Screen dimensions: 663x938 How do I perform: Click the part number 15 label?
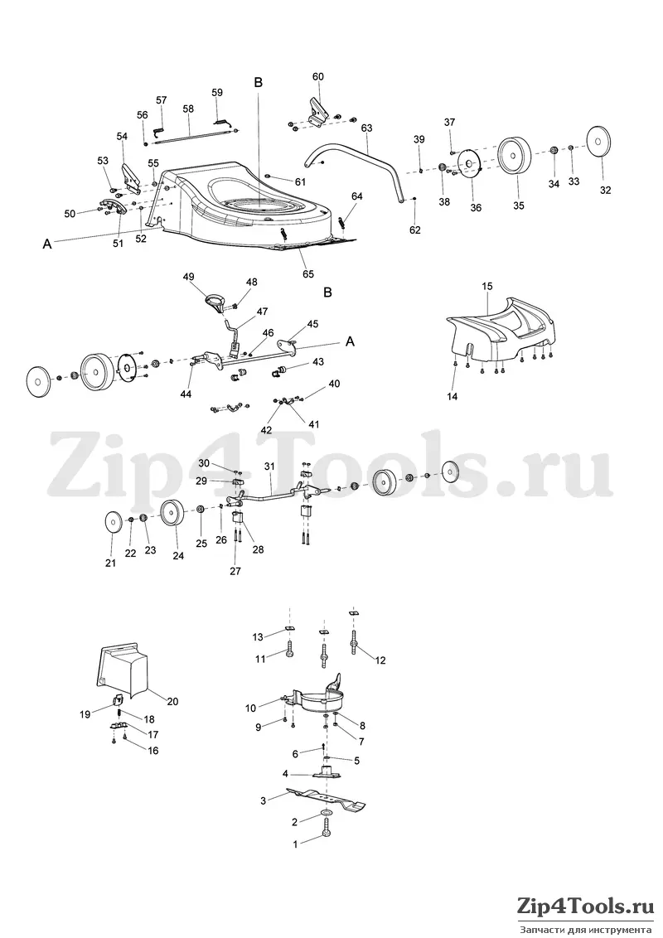(x=487, y=287)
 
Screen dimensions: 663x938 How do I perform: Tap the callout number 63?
(x=367, y=128)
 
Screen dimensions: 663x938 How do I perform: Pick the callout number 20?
(x=172, y=701)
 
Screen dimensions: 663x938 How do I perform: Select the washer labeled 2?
(x=327, y=814)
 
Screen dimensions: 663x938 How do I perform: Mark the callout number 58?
(x=188, y=109)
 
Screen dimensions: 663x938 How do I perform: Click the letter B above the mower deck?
(x=259, y=83)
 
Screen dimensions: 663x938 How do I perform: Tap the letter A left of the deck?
(x=46, y=244)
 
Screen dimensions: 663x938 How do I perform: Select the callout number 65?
(x=307, y=274)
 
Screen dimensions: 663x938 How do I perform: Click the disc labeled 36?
(x=469, y=165)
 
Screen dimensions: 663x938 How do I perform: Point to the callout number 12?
(x=380, y=660)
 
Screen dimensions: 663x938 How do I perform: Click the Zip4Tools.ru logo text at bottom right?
(x=583, y=907)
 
